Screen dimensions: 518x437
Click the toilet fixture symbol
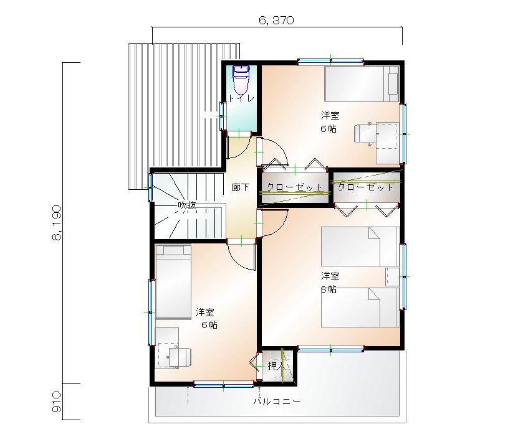[x=241, y=80]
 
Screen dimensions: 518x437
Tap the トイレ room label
[x=241, y=98]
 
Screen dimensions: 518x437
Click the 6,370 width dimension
[x=277, y=21]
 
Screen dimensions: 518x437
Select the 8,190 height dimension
[x=57, y=223]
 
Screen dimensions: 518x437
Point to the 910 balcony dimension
[x=57, y=402]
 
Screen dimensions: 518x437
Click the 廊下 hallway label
[x=240, y=187]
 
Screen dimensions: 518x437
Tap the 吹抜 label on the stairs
[x=187, y=205]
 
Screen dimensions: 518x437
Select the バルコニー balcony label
[x=277, y=402]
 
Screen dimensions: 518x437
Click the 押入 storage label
[x=276, y=365]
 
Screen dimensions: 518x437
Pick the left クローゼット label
[x=294, y=187]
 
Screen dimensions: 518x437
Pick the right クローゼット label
[x=365, y=187]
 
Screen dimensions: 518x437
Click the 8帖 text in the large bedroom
[x=329, y=289]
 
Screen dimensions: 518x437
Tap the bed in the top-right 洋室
[x=362, y=84]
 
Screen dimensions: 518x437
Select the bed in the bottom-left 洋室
[x=173, y=281]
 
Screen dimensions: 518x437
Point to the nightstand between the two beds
[x=393, y=277]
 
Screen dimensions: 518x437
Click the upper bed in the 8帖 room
[x=360, y=246]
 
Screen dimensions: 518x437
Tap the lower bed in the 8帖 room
[x=360, y=308]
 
